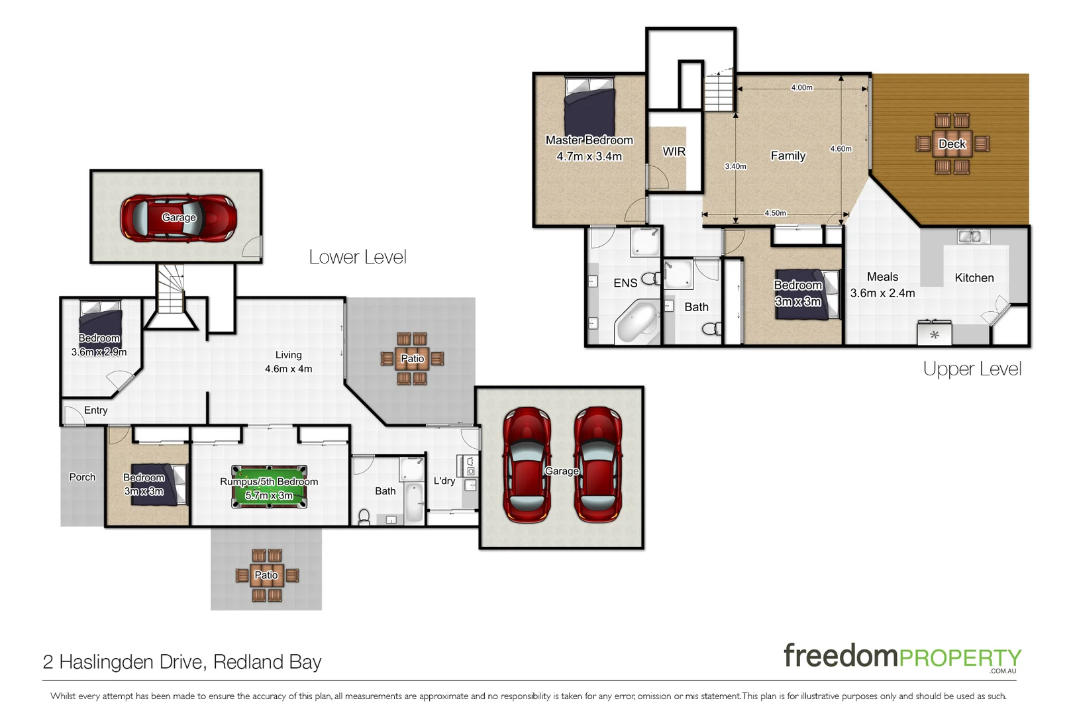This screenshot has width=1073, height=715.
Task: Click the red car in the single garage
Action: click(x=178, y=217)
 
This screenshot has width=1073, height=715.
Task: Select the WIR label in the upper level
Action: click(x=674, y=152)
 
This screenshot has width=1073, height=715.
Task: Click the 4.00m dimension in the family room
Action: click(x=801, y=87)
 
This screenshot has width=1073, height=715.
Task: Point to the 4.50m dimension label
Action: click(x=775, y=213)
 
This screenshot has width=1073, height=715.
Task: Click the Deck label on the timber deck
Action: click(x=952, y=144)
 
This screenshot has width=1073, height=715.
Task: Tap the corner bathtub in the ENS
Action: click(x=637, y=322)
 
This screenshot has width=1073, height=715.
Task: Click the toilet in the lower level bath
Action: click(x=364, y=516)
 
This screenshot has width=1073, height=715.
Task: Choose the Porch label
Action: click(x=82, y=477)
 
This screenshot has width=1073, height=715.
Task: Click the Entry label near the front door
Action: click(x=95, y=410)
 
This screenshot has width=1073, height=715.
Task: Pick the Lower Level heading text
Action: click(x=358, y=257)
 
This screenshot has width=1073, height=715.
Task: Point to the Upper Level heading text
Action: click(x=972, y=369)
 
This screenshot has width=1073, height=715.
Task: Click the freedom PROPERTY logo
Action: click(x=902, y=657)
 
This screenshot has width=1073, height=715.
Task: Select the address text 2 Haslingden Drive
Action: click(x=182, y=661)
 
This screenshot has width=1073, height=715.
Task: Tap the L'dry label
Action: click(x=444, y=481)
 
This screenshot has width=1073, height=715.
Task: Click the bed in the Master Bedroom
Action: click(x=589, y=106)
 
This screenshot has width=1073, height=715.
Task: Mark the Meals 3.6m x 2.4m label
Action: click(x=882, y=285)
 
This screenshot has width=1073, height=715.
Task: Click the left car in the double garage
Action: click(x=527, y=465)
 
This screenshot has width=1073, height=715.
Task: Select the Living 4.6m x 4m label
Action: click(x=288, y=361)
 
